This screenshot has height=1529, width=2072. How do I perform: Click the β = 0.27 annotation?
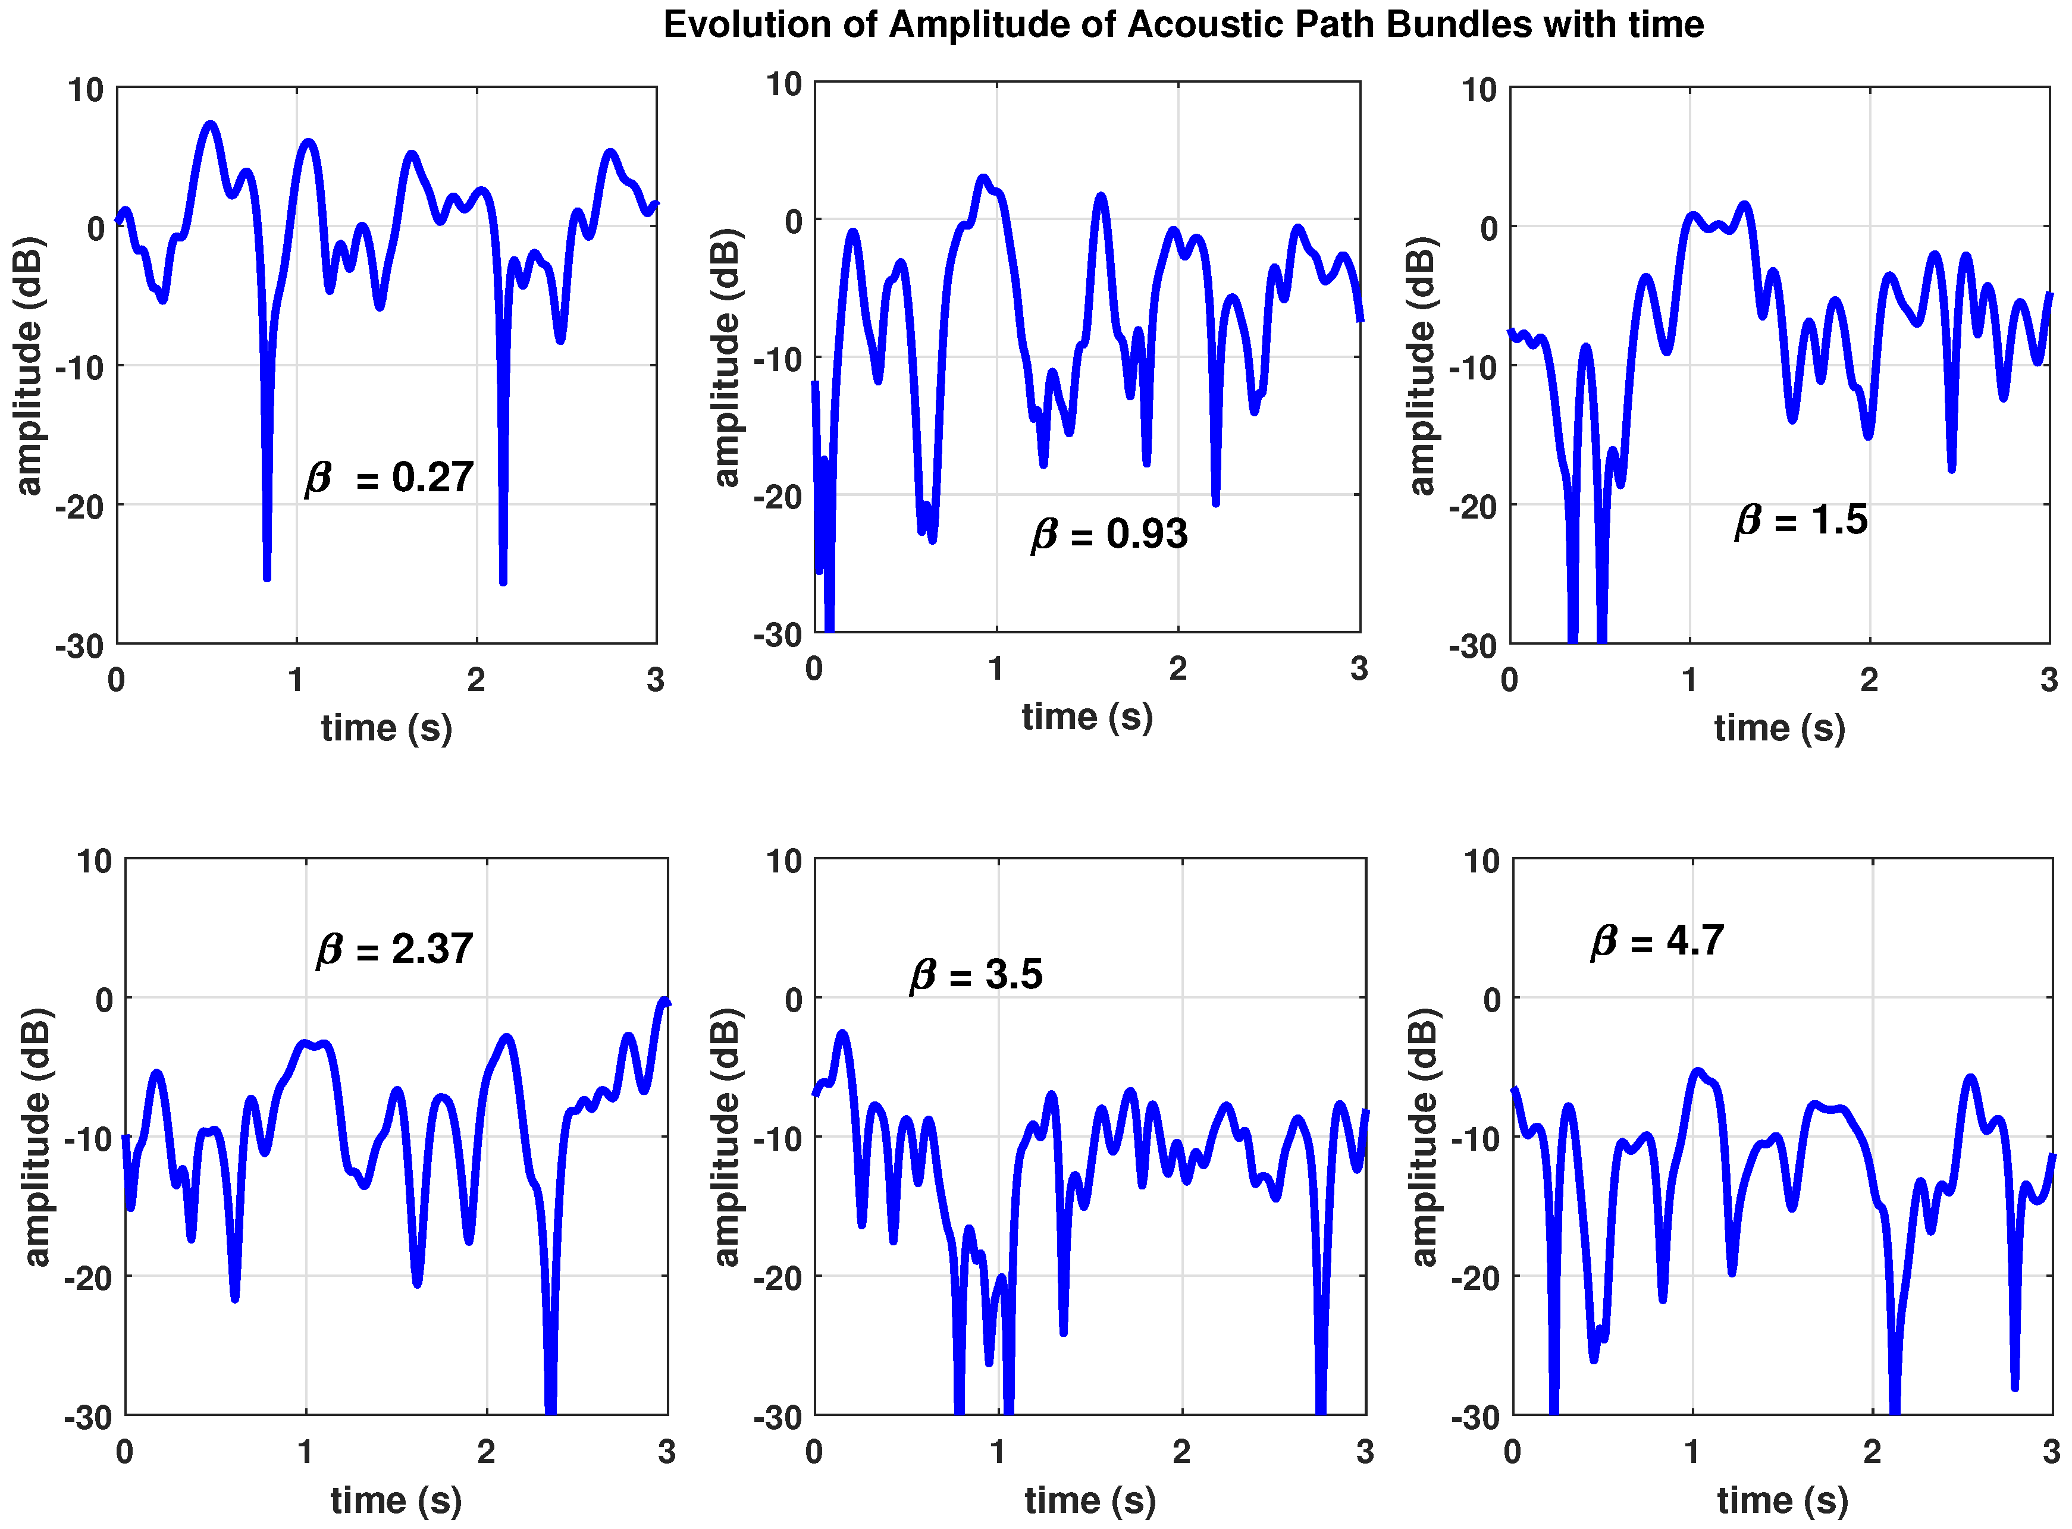(x=389, y=478)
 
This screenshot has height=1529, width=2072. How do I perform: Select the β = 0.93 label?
(x=1109, y=534)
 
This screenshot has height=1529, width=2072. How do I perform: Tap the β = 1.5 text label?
(x=1801, y=520)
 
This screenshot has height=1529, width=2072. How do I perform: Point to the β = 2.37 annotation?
(x=394, y=949)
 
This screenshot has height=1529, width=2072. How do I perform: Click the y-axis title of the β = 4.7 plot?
(x=1424, y=1136)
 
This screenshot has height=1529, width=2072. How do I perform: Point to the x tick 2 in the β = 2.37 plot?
(x=486, y=1451)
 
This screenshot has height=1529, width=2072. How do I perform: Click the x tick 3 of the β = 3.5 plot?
(x=1365, y=1451)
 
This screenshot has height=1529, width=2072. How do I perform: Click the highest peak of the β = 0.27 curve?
(x=211, y=124)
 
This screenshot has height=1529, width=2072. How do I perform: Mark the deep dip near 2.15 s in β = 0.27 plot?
(x=503, y=580)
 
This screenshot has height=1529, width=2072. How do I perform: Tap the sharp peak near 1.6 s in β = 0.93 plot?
(x=1100, y=197)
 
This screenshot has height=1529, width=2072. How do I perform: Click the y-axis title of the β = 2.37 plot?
(x=36, y=1136)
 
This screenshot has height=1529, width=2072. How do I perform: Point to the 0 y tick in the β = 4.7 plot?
(x=1491, y=1000)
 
